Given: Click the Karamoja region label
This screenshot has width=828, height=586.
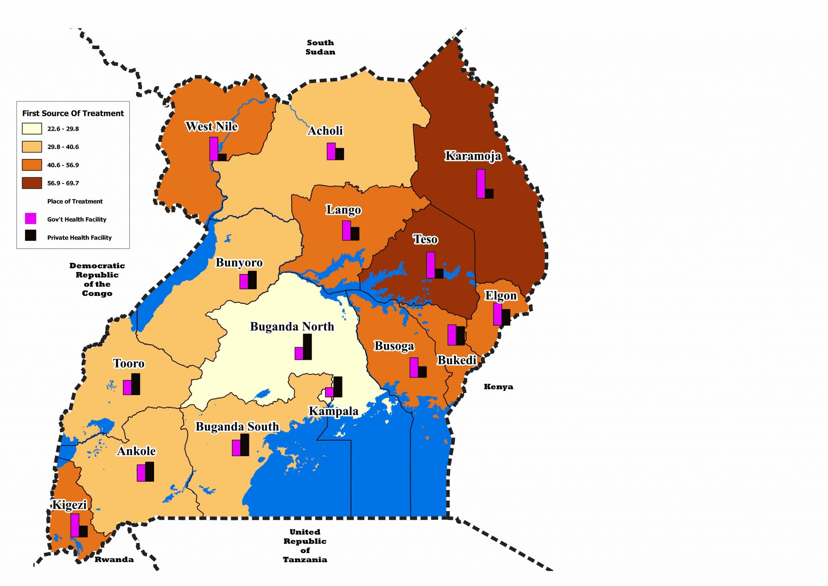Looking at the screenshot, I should (x=473, y=156).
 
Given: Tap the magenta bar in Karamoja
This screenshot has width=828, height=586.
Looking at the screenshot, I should (x=481, y=184).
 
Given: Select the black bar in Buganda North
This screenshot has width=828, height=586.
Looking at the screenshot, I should (x=307, y=347).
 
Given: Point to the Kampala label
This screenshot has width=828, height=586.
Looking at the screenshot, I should (x=334, y=411).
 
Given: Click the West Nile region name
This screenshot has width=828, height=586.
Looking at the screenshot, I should (x=211, y=126).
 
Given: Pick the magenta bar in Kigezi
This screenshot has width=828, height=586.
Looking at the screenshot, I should (x=75, y=525).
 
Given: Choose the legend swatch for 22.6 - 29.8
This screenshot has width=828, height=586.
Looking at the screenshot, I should (x=32, y=129).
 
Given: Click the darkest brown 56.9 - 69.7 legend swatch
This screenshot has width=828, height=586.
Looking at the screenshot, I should (x=32, y=183).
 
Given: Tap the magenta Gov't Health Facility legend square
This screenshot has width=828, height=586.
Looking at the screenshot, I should (x=31, y=219).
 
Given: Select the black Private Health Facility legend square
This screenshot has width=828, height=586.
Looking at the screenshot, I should (x=31, y=236).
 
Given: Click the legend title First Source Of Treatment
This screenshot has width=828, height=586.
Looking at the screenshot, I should (x=73, y=113).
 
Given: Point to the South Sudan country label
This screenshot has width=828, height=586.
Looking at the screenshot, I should (x=320, y=47).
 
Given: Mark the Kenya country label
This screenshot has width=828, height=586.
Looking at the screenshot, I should (x=498, y=387).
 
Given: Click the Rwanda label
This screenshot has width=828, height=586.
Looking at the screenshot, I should (x=114, y=560).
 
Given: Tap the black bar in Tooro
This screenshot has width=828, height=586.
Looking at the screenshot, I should (x=136, y=384).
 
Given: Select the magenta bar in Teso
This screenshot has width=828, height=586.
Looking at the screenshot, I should (x=431, y=265).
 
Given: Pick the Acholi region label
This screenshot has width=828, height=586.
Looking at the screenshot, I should (x=325, y=131).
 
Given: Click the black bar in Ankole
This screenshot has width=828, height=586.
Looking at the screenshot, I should (x=150, y=472).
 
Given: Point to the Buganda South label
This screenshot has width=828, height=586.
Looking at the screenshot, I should (x=237, y=427).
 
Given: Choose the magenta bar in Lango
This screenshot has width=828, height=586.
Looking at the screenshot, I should (x=346, y=231).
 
